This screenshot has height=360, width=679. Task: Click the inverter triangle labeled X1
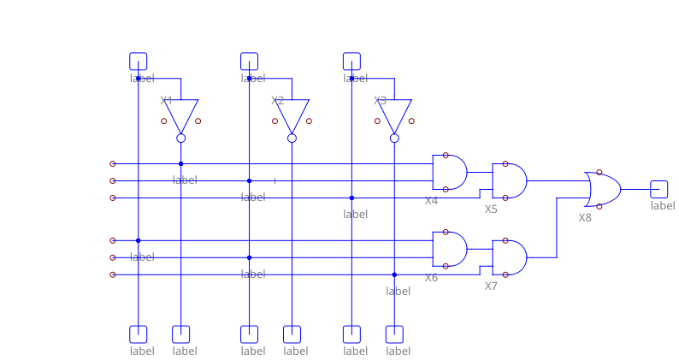(181, 115)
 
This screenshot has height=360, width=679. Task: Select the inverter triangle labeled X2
(292, 115)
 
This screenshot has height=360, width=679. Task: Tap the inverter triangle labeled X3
(395, 115)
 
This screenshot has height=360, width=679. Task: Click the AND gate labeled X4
(450, 172)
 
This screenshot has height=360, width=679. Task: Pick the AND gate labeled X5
(510, 180)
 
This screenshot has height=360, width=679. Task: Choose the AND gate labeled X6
(450, 249)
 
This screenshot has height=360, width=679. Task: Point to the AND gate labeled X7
(510, 257)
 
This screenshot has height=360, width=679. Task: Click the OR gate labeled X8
(603, 189)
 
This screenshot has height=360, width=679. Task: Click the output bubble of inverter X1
(181, 138)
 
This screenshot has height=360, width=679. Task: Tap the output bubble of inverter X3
(395, 138)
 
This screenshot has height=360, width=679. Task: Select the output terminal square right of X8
(658, 189)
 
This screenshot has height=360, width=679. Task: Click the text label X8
(585, 218)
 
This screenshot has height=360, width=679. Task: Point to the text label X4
(431, 201)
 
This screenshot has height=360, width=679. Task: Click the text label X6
(431, 278)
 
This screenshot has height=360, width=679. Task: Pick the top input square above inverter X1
(139, 61)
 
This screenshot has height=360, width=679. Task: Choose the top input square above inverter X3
(352, 61)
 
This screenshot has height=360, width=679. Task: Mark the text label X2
(277, 101)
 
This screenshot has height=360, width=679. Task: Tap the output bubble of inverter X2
(292, 138)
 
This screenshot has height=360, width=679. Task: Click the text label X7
(491, 286)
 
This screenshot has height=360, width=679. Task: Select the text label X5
(491, 210)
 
